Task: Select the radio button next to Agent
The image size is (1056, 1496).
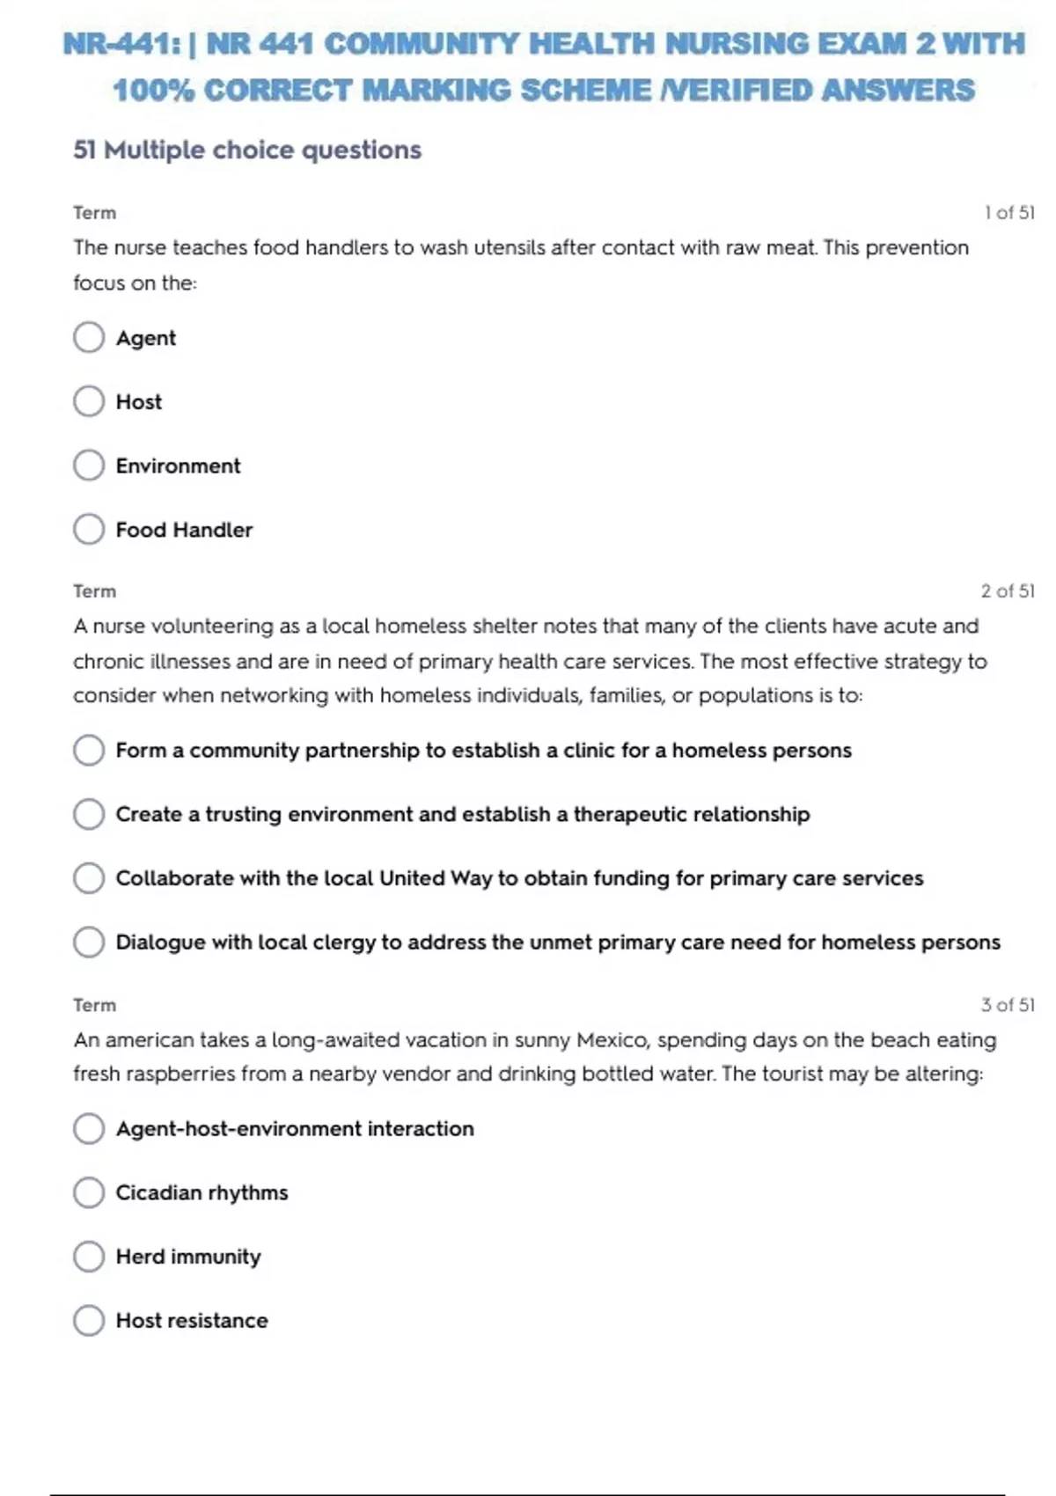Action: pyautogui.click(x=89, y=337)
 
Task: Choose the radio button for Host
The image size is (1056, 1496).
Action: pyautogui.click(x=89, y=401)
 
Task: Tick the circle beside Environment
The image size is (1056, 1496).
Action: pyautogui.click(x=89, y=466)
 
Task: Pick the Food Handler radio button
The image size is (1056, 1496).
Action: pyautogui.click(x=89, y=529)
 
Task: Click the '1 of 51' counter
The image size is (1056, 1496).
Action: pyautogui.click(x=1008, y=213)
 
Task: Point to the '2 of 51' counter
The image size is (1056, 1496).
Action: pyautogui.click(x=1008, y=591)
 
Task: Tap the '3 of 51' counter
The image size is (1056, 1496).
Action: pyautogui.click(x=1008, y=1005)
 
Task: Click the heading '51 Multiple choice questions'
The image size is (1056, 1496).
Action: pyautogui.click(x=247, y=150)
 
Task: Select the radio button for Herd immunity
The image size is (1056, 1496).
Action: pyautogui.click(x=89, y=1257)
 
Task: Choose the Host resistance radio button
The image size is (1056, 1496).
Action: pyautogui.click(x=89, y=1320)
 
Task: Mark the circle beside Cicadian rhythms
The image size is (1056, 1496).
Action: pyautogui.click(x=89, y=1192)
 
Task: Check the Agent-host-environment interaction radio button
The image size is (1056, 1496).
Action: pyautogui.click(x=89, y=1128)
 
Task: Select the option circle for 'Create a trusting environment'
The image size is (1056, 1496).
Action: pyautogui.click(x=89, y=814)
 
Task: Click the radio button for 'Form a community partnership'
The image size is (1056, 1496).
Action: pyautogui.click(x=89, y=750)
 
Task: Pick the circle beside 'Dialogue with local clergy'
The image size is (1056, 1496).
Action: pyautogui.click(x=89, y=942)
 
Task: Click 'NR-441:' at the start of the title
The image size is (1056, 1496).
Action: pyautogui.click(x=122, y=44)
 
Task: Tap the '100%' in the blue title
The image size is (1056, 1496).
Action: pyautogui.click(x=153, y=90)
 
